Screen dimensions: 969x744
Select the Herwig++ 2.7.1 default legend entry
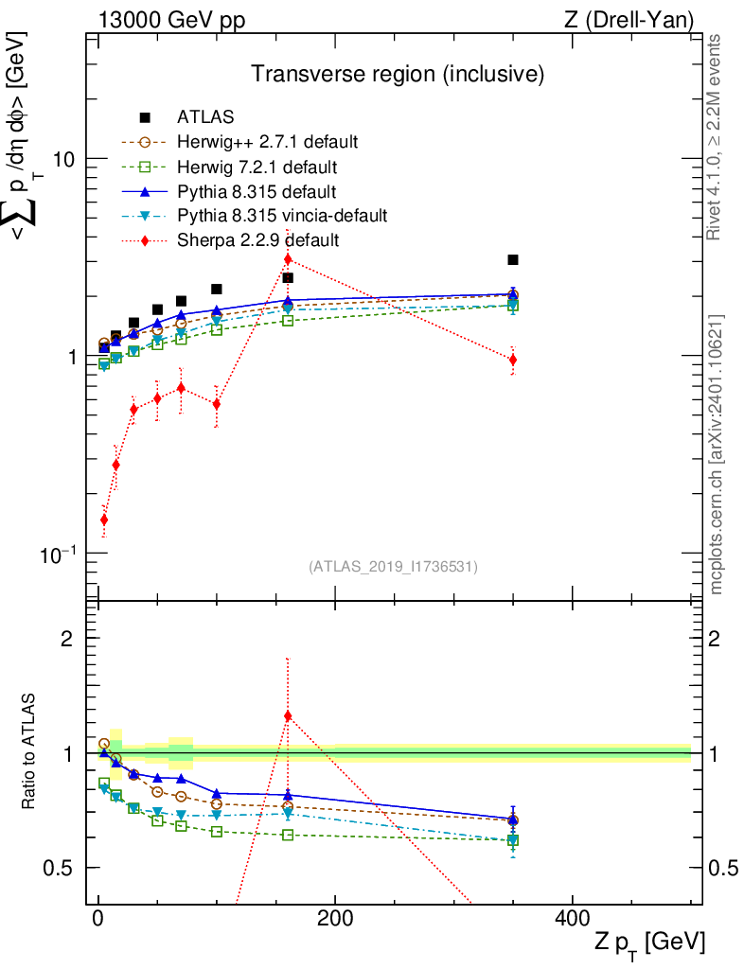tap(267, 143)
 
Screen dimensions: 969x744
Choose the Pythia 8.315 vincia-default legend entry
tap(282, 216)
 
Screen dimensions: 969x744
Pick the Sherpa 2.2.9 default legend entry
tap(257, 240)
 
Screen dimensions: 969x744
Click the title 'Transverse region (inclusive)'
tap(397, 73)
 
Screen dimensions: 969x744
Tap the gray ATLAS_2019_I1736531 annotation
tap(393, 567)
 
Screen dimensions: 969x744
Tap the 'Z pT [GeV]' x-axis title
tap(648, 943)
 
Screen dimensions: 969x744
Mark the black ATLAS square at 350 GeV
tap(512, 259)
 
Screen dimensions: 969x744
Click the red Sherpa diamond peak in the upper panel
tap(288, 259)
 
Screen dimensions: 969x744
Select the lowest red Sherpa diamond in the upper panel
tap(104, 520)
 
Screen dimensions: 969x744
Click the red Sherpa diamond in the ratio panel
tap(288, 715)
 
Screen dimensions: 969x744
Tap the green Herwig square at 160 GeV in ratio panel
tap(288, 835)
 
